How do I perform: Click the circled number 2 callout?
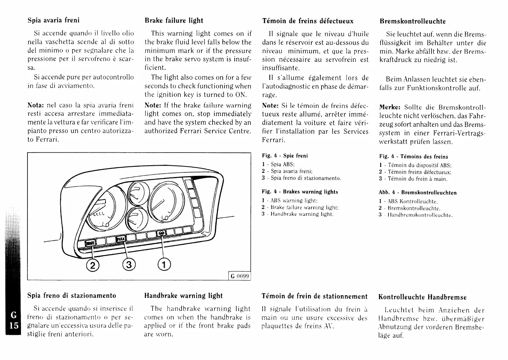[x=92, y=265]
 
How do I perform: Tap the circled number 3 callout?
[x=128, y=265]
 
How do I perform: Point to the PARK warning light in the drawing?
[x=121, y=239]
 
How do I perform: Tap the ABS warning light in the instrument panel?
[x=161, y=233]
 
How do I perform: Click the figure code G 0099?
[x=240, y=276]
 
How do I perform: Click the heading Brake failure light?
[x=174, y=21]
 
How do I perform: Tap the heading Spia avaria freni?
[x=54, y=20]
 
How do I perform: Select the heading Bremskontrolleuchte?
[x=412, y=21]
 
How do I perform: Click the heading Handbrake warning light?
[x=184, y=296]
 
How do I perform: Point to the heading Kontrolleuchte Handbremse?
[x=422, y=297]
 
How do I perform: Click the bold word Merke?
[x=389, y=107]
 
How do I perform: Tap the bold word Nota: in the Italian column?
[x=36, y=105]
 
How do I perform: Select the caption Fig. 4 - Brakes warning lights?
[x=300, y=192]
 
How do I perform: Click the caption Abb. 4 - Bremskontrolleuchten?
[x=418, y=193]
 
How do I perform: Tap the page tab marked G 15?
[x=14, y=320]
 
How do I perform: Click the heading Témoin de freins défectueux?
[x=308, y=21]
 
